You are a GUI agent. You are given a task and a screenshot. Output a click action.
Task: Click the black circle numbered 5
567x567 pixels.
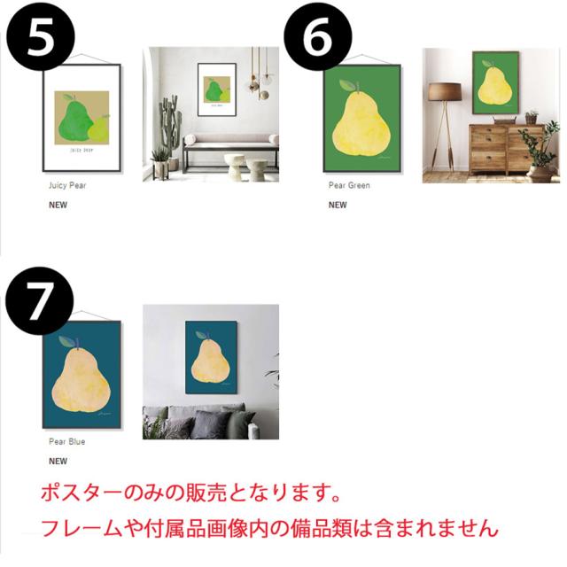[38, 37]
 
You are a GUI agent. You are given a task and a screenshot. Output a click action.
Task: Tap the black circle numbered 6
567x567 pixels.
[317, 37]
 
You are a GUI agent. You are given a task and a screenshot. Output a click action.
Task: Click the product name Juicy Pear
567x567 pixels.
[67, 186]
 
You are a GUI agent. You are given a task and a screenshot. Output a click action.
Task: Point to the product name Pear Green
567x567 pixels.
[349, 186]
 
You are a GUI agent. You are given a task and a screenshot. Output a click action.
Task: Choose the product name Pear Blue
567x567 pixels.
[67, 441]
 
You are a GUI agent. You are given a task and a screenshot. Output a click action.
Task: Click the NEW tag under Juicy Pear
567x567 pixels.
[58, 205]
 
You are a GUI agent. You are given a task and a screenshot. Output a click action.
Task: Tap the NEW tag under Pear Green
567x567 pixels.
[338, 205]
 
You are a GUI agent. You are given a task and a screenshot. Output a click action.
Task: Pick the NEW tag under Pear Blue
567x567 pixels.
[58, 461]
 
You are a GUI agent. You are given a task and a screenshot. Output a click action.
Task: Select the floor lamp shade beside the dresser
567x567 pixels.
[445, 92]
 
